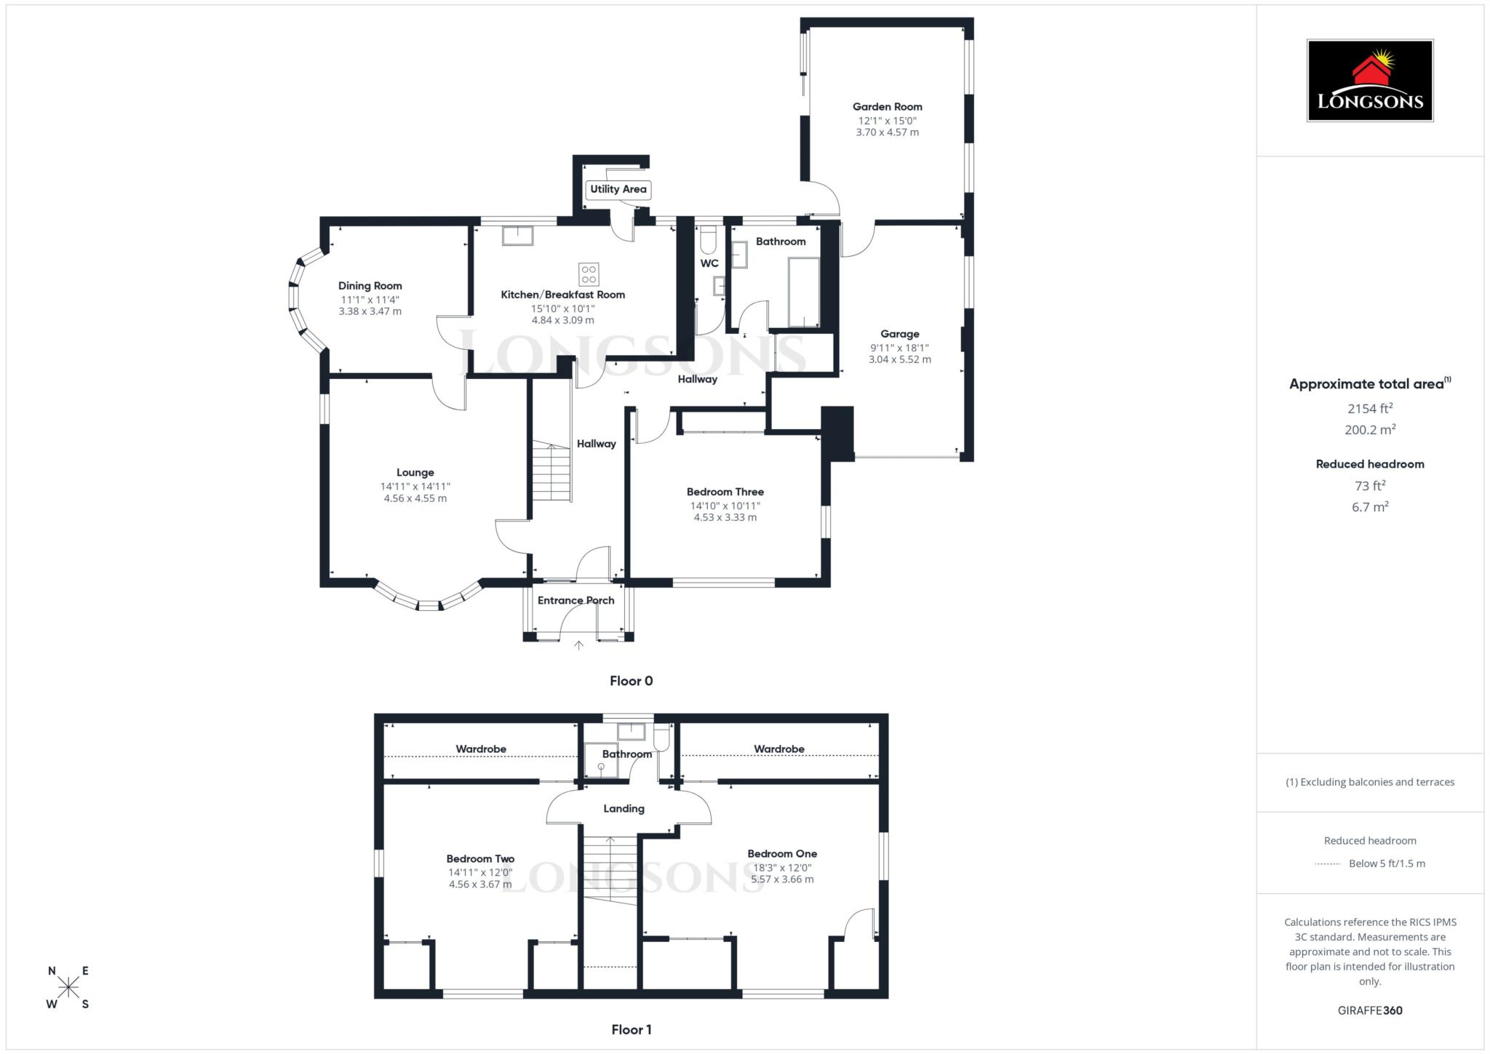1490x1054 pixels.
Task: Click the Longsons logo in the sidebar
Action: click(1369, 81)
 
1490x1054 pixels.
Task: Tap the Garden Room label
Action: click(887, 107)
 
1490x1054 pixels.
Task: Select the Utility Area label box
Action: click(618, 189)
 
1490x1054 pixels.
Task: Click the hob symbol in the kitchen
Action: click(589, 274)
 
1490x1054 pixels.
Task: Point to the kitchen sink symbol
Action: click(517, 236)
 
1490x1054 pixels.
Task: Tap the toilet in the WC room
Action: click(709, 239)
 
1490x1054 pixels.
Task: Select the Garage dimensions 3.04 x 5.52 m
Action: click(899, 359)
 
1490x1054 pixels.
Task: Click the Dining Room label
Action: click(370, 286)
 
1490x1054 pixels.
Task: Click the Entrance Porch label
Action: click(575, 600)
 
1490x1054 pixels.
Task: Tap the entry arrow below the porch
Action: click(578, 644)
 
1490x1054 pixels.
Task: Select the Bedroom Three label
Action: click(725, 492)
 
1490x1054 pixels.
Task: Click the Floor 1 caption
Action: click(631, 1029)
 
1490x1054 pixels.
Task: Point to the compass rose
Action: click(68, 987)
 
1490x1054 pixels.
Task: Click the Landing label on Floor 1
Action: click(624, 808)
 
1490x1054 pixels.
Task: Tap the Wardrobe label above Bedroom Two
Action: click(481, 748)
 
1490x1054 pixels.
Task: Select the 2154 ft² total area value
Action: click(1369, 408)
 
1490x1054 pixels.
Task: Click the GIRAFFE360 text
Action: click(1369, 1010)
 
